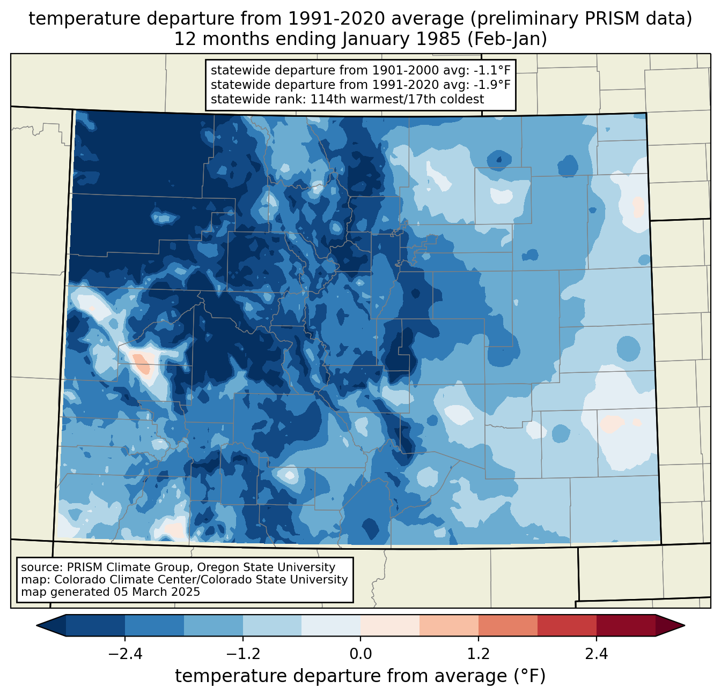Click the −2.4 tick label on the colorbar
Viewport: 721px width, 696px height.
124,654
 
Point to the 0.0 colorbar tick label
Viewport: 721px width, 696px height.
360,654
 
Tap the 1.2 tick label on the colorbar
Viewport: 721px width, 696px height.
479,654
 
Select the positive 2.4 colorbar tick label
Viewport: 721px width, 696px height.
597,654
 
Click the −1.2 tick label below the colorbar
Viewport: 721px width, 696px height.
242,654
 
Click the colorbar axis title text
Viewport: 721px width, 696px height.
360,676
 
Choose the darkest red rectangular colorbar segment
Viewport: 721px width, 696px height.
626,625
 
